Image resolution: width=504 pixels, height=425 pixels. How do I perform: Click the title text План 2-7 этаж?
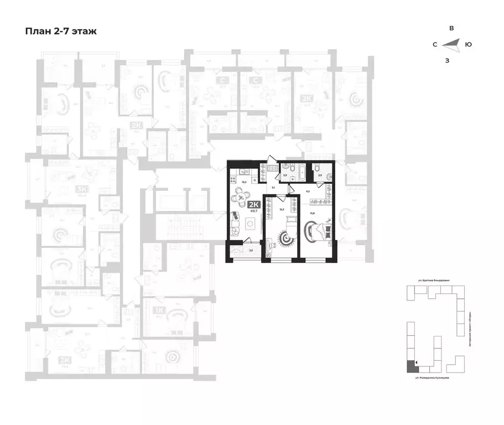click(x=61, y=32)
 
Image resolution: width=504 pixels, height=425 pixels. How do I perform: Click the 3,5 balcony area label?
click(x=251, y=251)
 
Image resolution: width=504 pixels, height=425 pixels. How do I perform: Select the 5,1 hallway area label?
click(x=272, y=188)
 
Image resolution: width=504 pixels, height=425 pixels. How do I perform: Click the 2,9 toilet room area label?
click(x=320, y=175)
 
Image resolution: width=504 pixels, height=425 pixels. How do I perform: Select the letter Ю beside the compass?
click(x=469, y=44)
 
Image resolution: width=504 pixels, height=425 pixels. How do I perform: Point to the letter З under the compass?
click(x=447, y=60)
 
